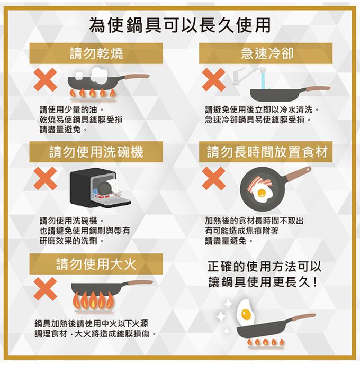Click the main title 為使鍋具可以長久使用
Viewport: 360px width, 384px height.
pos(179,25)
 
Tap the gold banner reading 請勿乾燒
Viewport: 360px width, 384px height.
pos(96,53)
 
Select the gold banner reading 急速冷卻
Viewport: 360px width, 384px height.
pos(266,53)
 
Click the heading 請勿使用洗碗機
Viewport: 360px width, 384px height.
pos(96,152)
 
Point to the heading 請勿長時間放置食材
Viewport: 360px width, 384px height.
pos(266,152)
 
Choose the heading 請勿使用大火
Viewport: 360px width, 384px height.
pos(96,264)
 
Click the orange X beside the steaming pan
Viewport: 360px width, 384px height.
pos(46,80)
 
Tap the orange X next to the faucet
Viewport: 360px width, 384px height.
pos(214,80)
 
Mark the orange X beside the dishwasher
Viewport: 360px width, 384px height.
pos(46,179)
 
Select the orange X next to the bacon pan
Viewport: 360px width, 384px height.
pos(214,179)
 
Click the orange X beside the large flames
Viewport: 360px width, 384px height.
pos(46,289)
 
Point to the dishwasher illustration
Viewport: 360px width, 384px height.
pos(100,187)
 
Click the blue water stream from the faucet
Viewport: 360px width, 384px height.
pos(263,78)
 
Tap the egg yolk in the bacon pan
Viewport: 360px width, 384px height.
pos(262,193)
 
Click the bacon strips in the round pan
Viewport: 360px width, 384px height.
pos(259,184)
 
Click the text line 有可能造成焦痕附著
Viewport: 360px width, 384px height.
pos(241,231)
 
